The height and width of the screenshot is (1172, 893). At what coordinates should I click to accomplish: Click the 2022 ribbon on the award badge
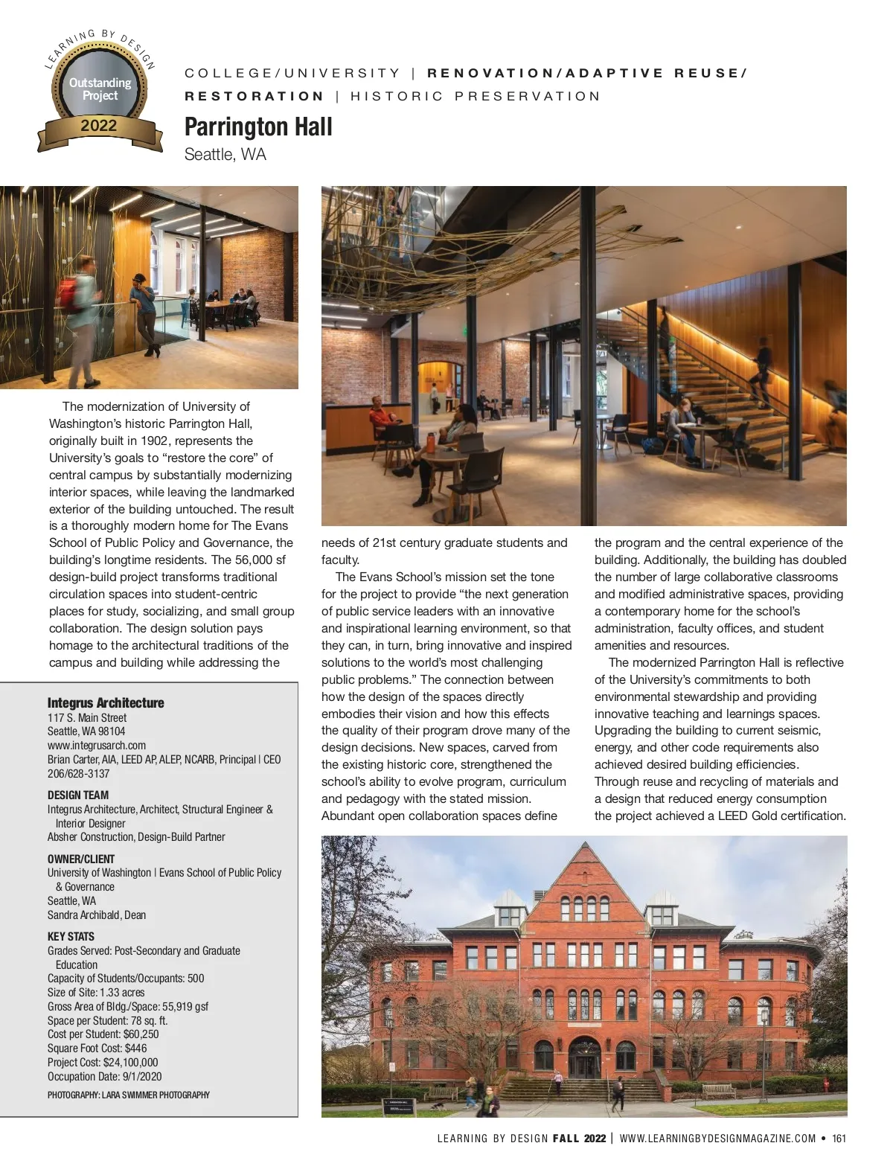pos(99,126)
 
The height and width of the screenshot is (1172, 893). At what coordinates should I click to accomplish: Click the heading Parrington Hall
pos(258,127)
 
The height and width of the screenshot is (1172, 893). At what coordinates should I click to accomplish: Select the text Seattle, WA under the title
pos(225,155)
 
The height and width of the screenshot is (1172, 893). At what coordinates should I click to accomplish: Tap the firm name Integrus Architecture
pos(106,702)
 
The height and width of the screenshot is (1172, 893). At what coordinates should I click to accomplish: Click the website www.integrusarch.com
pos(97,745)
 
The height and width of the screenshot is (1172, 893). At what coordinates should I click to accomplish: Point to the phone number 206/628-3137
pos(78,773)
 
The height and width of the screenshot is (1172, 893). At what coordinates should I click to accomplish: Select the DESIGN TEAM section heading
pos(78,795)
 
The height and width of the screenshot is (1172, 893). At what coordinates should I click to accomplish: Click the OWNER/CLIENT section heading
pos(81,859)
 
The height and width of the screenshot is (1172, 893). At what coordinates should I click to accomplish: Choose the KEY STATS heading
pos(71,936)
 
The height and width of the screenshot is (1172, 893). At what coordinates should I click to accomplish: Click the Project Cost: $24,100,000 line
pos(103,1063)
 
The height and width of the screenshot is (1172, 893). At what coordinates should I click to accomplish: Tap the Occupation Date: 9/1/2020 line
pos(104,1077)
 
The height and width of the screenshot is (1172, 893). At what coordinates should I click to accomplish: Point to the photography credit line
pos(129,1095)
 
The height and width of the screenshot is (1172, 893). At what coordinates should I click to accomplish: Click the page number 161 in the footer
pos(839,1139)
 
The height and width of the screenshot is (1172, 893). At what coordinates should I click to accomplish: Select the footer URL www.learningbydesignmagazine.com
pos(717,1139)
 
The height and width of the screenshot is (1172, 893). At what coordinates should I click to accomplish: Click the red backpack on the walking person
pos(68,293)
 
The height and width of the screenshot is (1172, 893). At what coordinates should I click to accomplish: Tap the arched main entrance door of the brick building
pos(585,1059)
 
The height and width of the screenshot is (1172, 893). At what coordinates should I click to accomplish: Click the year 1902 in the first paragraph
pos(154,441)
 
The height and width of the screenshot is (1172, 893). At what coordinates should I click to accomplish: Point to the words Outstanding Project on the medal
pos(100,89)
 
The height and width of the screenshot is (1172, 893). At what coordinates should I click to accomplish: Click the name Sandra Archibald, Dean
pos(97,915)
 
